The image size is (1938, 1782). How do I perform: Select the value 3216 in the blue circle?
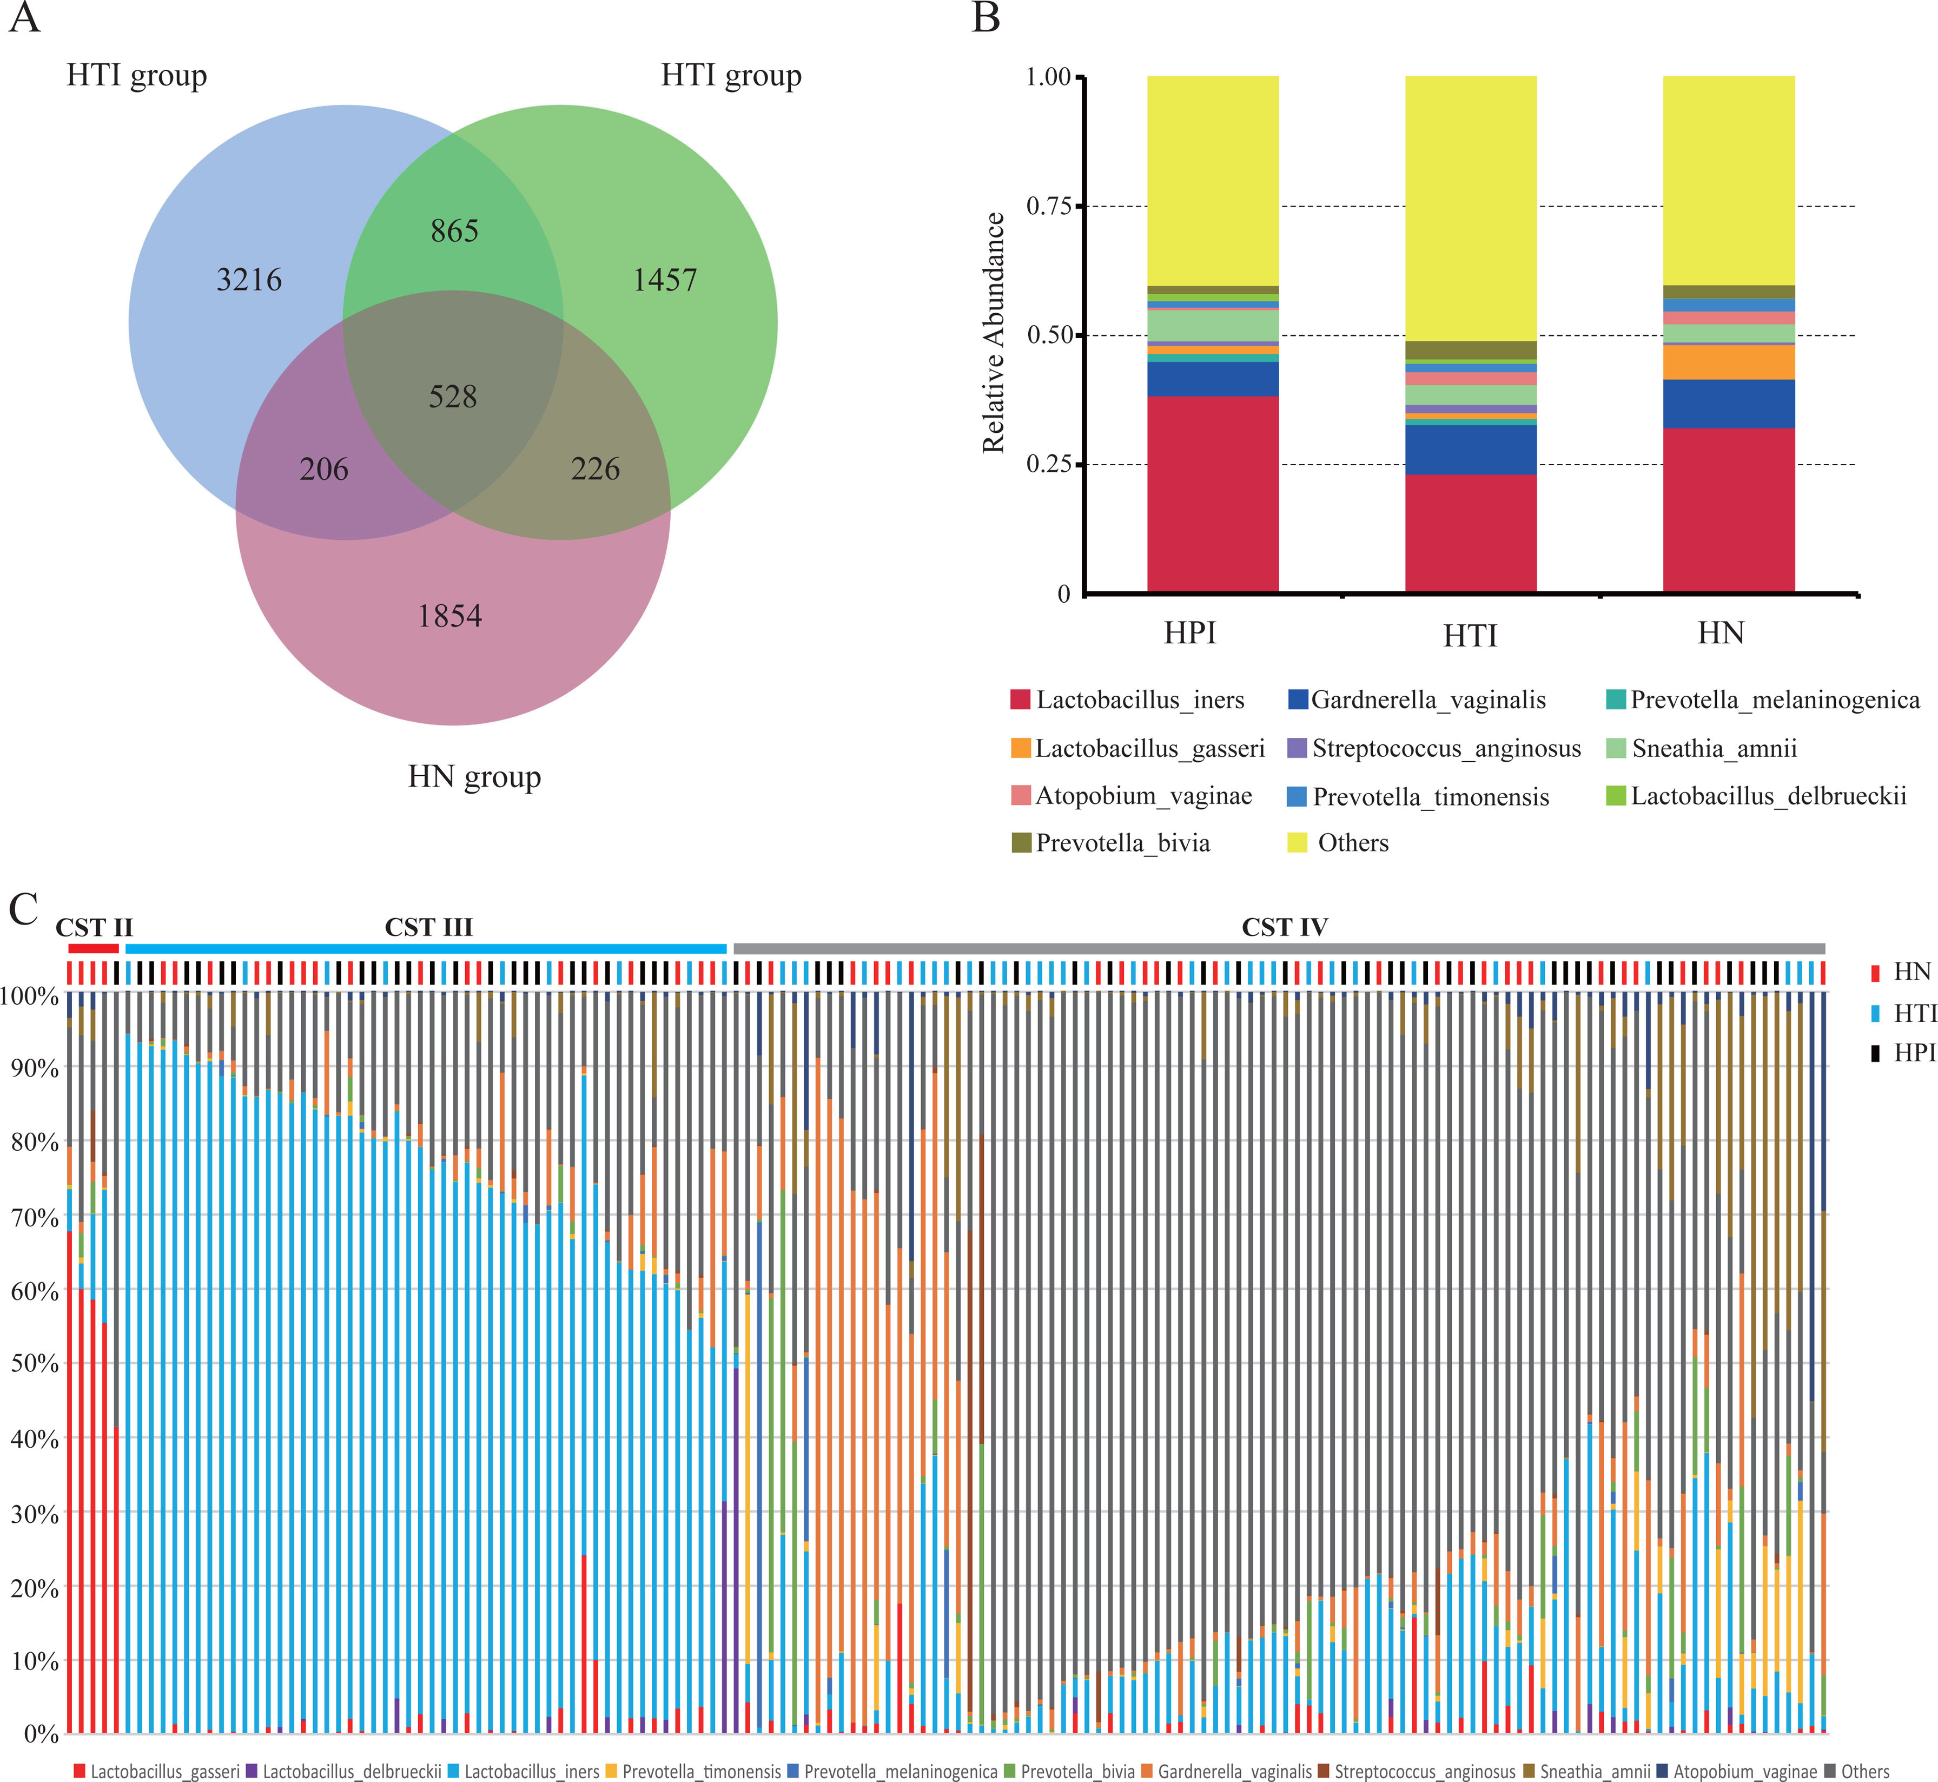(x=249, y=280)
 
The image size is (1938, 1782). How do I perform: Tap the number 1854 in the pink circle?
(x=449, y=615)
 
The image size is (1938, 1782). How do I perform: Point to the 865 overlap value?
(x=454, y=230)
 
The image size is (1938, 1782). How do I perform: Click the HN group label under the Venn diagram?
(x=474, y=776)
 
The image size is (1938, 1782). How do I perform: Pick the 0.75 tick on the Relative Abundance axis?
(x=1049, y=206)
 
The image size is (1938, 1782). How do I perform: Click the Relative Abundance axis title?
(x=993, y=333)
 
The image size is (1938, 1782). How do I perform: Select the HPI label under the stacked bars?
(x=1190, y=633)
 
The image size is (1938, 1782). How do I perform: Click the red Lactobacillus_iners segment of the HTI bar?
(x=1470, y=532)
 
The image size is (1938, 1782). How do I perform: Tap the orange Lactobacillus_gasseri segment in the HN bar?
(x=1729, y=362)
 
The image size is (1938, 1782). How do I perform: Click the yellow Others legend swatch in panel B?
(x=1298, y=843)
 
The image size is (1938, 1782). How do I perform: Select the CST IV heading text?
(x=1284, y=928)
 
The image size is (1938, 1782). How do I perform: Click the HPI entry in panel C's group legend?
(x=1913, y=1053)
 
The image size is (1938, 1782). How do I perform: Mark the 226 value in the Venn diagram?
(x=595, y=468)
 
